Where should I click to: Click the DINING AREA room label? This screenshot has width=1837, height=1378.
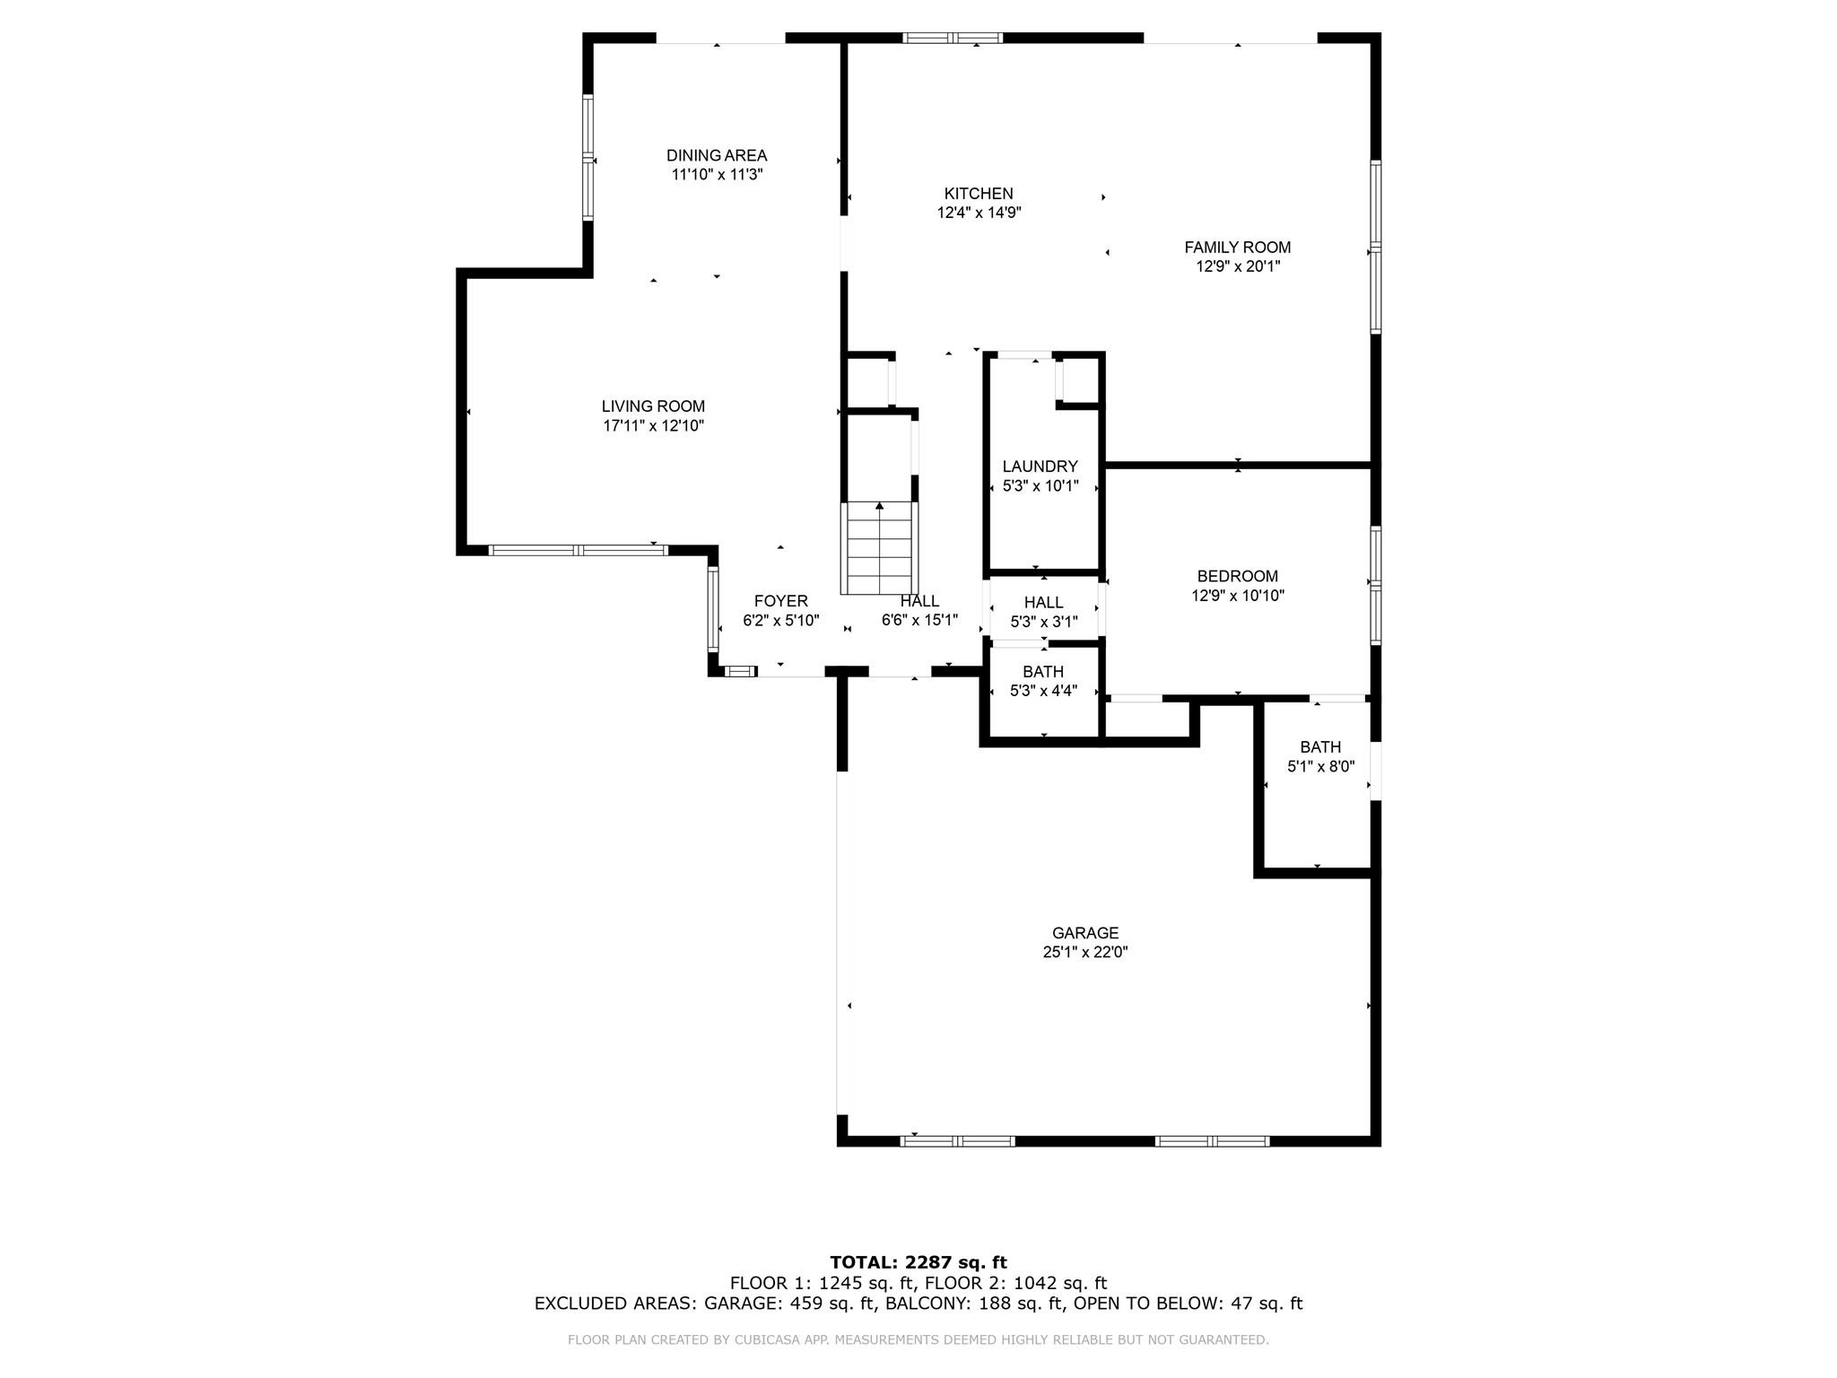point(717,155)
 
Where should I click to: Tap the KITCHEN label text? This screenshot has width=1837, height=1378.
point(979,193)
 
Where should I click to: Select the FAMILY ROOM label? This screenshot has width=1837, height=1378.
point(1237,247)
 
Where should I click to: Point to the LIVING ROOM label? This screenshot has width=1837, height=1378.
point(653,406)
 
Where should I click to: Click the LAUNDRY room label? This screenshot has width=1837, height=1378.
point(1040,467)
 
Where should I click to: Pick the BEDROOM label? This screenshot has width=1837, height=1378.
point(1237,576)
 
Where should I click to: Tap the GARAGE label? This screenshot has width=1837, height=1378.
point(1085,933)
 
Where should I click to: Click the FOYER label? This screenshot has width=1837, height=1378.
point(780,601)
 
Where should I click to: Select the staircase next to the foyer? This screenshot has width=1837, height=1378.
point(880,547)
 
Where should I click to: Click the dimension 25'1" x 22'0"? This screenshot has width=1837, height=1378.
point(1085,953)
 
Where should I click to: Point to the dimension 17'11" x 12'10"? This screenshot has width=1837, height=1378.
point(653,426)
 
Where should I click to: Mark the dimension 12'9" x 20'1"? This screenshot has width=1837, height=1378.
point(1237,266)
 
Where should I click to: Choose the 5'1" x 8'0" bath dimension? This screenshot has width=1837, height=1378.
point(1320,767)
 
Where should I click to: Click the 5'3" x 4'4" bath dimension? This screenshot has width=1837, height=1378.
point(1043,691)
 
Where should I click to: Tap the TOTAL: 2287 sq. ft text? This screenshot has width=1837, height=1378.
point(918,1262)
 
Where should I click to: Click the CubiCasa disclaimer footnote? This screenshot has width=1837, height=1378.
point(918,1339)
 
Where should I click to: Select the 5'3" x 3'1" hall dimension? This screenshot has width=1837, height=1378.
point(1043,621)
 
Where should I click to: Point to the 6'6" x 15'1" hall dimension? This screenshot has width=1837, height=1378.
point(919,620)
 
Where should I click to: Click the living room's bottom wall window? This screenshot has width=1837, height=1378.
point(579,550)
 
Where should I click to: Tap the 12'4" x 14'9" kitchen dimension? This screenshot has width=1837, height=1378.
point(979,213)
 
